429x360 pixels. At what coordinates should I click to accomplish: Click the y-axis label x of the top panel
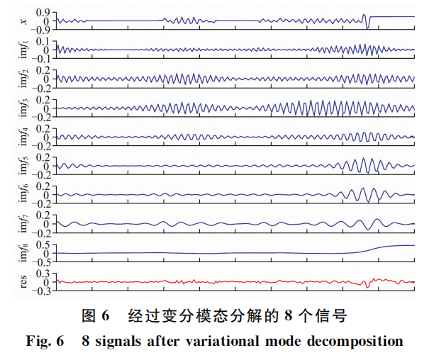point(23,21)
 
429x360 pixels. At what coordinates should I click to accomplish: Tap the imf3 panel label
point(24,108)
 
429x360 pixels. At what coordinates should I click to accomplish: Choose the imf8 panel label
point(24,253)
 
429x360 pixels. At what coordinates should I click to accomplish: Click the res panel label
point(23,282)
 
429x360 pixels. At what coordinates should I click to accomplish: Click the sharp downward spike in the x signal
point(367,26)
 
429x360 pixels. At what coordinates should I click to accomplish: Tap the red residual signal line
point(213,282)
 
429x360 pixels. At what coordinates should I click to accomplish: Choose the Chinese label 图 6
point(93,314)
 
